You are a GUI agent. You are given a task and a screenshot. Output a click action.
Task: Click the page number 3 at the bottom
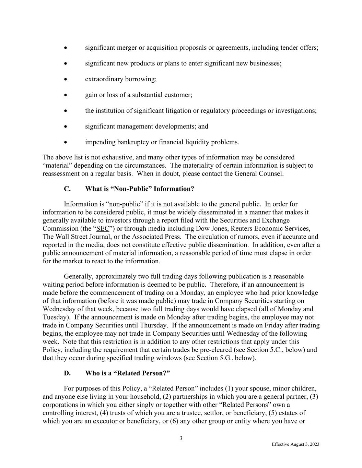point(181,438)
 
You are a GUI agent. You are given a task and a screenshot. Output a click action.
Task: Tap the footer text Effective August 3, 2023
point(295,444)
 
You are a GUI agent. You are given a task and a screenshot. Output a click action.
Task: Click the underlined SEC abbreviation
point(103,228)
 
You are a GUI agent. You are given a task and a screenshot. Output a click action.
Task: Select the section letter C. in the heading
point(67,189)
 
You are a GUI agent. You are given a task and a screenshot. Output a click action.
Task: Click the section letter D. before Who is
point(67,373)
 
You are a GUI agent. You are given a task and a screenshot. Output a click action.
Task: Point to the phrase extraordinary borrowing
point(121,79)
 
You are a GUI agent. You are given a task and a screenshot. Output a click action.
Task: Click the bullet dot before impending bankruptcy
point(66,142)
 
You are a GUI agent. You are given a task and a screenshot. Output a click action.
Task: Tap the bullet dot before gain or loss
point(66,95)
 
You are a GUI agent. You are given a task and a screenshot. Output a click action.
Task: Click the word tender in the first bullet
point(290,48)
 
